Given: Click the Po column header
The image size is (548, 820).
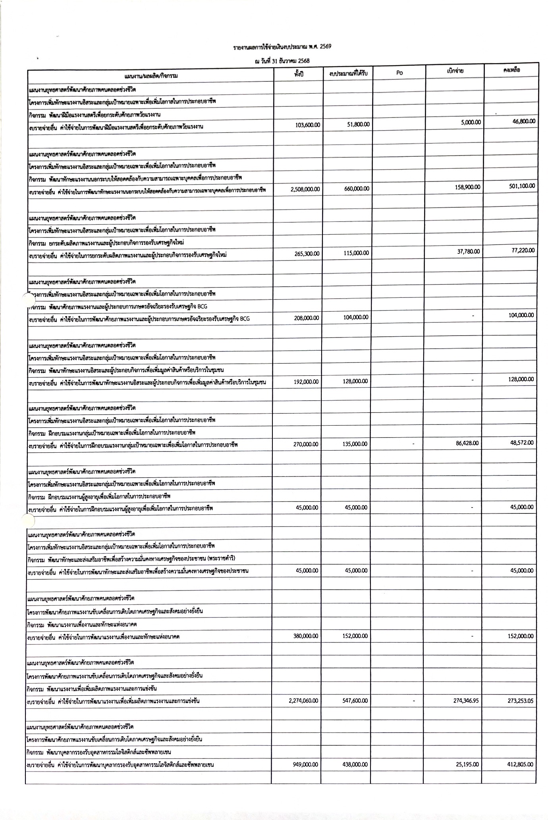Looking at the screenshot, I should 399,73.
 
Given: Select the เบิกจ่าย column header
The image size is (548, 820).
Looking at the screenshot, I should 455,71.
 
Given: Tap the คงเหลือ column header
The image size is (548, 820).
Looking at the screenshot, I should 511,70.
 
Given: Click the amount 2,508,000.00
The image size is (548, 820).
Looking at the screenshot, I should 305,189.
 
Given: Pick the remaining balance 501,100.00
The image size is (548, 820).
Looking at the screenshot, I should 522,185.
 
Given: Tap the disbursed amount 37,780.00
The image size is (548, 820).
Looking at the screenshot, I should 469,251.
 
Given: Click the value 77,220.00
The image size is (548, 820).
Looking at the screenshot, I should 523,250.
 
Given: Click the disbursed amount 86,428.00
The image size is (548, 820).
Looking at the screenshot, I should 467,443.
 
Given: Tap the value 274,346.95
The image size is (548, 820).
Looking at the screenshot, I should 466,701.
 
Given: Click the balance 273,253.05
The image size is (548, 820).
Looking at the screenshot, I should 520,701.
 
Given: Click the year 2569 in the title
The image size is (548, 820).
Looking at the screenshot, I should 325,46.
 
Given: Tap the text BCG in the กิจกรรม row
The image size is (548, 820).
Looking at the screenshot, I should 202,307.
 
